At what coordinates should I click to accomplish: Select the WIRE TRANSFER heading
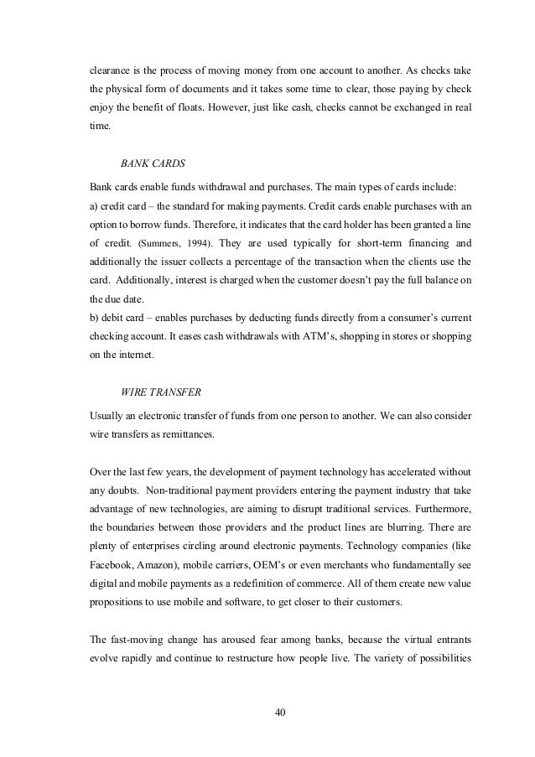(157, 391)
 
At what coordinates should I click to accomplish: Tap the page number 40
(281, 712)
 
